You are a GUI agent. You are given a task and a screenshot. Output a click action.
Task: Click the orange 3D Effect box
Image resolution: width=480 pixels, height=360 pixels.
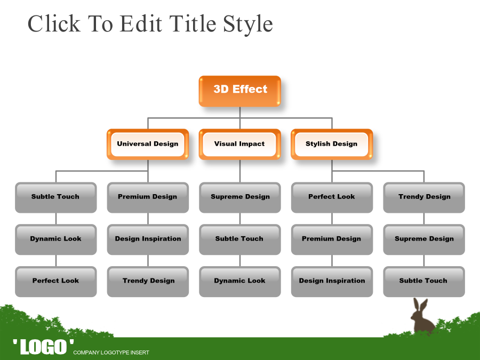[239, 91]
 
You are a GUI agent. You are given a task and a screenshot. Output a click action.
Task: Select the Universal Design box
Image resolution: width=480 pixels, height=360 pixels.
[148, 144]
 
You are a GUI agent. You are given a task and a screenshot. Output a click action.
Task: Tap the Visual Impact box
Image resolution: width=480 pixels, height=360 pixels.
[239, 144]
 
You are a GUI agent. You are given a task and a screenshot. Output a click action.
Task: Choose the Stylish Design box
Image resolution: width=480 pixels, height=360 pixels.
[332, 144]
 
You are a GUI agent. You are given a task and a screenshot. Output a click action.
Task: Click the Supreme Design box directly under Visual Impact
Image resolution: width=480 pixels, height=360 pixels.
[240, 197]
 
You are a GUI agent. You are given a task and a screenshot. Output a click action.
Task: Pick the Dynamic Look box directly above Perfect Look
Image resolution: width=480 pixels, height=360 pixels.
[55, 239]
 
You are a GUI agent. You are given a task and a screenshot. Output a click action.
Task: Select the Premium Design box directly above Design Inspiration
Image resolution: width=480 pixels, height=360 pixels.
[148, 197]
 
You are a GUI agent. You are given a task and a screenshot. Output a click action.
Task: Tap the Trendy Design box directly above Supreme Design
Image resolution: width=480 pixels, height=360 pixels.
[424, 197]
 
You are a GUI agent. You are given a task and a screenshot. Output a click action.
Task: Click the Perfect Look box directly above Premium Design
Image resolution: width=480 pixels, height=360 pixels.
[332, 197]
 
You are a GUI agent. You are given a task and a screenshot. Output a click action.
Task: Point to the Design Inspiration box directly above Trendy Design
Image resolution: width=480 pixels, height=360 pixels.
[148, 239]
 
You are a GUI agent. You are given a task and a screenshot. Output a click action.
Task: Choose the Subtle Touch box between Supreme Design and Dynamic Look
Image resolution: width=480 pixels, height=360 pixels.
[240, 239]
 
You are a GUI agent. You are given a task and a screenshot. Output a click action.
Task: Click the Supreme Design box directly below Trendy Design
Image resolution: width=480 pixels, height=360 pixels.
[424, 239]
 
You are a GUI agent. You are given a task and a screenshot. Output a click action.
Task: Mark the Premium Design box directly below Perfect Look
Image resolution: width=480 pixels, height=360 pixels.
[332, 239]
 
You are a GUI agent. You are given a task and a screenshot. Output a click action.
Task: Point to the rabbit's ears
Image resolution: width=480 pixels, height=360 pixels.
[420, 305]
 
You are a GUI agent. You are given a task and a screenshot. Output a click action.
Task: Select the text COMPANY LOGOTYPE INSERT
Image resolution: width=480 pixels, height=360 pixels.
[111, 353]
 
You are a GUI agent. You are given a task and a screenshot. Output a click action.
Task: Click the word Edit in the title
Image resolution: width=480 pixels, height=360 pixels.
[141, 23]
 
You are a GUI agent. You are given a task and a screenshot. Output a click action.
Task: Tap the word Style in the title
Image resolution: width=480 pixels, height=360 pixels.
[247, 25]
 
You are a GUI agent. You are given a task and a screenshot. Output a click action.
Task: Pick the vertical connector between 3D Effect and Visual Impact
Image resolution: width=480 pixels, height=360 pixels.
[240, 118]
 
